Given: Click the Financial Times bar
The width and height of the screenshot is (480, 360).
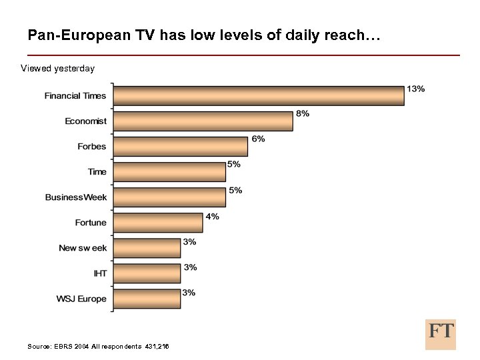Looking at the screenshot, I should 259,95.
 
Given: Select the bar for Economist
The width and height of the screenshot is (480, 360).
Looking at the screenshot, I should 203,121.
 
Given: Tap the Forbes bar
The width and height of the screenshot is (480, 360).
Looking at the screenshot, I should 180,146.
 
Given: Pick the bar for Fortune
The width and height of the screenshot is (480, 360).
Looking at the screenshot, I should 158,223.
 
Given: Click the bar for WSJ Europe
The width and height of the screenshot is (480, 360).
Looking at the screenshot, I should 147,298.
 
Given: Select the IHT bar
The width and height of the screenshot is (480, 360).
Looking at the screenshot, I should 147,273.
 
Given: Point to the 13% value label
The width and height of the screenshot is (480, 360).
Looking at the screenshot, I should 416,89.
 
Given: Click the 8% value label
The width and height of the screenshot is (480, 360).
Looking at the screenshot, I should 303,113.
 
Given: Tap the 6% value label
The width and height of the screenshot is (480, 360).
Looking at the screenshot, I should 258,139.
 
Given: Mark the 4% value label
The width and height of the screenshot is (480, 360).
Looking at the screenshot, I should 212,216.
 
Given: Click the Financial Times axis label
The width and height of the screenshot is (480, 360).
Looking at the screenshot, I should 75,96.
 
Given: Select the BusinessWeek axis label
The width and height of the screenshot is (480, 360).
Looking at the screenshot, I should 76,197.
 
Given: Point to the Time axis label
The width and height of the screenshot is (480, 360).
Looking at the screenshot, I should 97,172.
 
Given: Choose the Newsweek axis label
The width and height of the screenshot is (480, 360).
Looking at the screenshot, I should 83,248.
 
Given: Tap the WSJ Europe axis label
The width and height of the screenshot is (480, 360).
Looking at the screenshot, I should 81,299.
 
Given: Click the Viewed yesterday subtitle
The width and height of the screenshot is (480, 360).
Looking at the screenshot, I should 57,68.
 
